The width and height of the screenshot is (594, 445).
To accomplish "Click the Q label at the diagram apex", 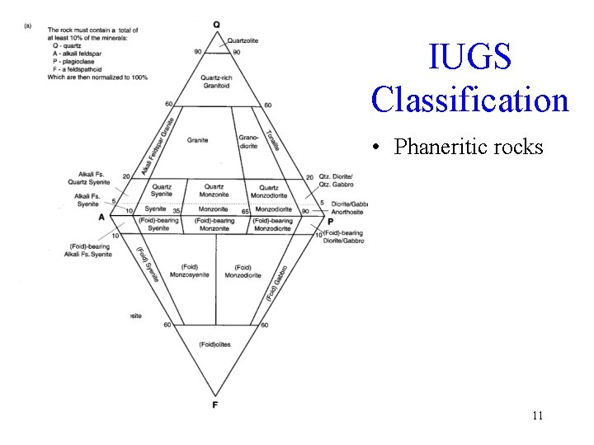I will click(x=216, y=25).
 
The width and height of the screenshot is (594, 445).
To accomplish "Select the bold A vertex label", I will click(x=101, y=217).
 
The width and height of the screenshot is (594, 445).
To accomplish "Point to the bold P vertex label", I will click(x=330, y=221).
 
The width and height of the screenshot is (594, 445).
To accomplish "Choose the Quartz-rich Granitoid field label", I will click(x=215, y=82).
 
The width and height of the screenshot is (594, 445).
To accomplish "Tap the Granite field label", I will click(x=197, y=140).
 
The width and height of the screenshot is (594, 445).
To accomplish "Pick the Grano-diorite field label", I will click(x=248, y=142).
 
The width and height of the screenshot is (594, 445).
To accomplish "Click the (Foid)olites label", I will click(x=214, y=344).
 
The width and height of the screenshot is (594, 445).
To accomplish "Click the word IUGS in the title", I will click(x=469, y=58).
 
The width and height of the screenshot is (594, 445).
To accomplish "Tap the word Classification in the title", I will click(x=469, y=100).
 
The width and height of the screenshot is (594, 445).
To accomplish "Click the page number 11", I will click(x=537, y=415).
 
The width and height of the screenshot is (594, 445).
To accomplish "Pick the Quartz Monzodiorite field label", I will click(x=268, y=191).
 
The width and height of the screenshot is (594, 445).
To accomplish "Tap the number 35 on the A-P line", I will click(x=177, y=211).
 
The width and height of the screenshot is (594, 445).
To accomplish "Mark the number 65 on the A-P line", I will click(x=245, y=212).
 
